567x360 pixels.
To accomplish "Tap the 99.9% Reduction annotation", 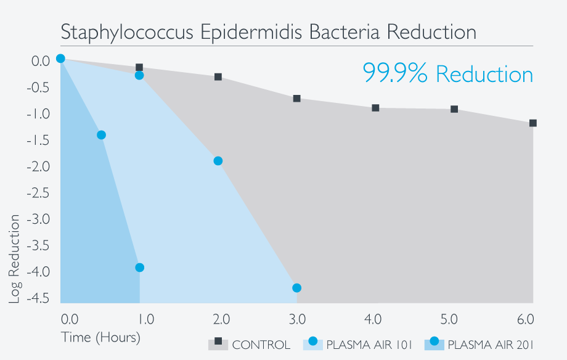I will [447, 74].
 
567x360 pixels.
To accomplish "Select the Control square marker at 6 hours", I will [532, 123].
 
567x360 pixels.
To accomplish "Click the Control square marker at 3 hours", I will [296, 99].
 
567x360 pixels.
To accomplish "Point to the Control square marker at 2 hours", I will [218, 77].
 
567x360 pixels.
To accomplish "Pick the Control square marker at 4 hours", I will [375, 108].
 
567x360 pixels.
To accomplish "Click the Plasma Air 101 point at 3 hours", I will [296, 288].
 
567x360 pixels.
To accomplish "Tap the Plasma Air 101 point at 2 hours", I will [218, 161].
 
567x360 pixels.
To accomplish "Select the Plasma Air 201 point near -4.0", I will [139, 268].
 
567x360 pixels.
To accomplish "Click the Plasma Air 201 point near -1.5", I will [101, 135].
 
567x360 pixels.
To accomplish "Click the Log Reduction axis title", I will [15, 259].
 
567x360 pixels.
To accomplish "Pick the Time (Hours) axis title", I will [100, 338].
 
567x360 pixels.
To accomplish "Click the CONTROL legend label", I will [261, 345].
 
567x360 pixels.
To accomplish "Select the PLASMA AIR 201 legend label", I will [491, 345].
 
